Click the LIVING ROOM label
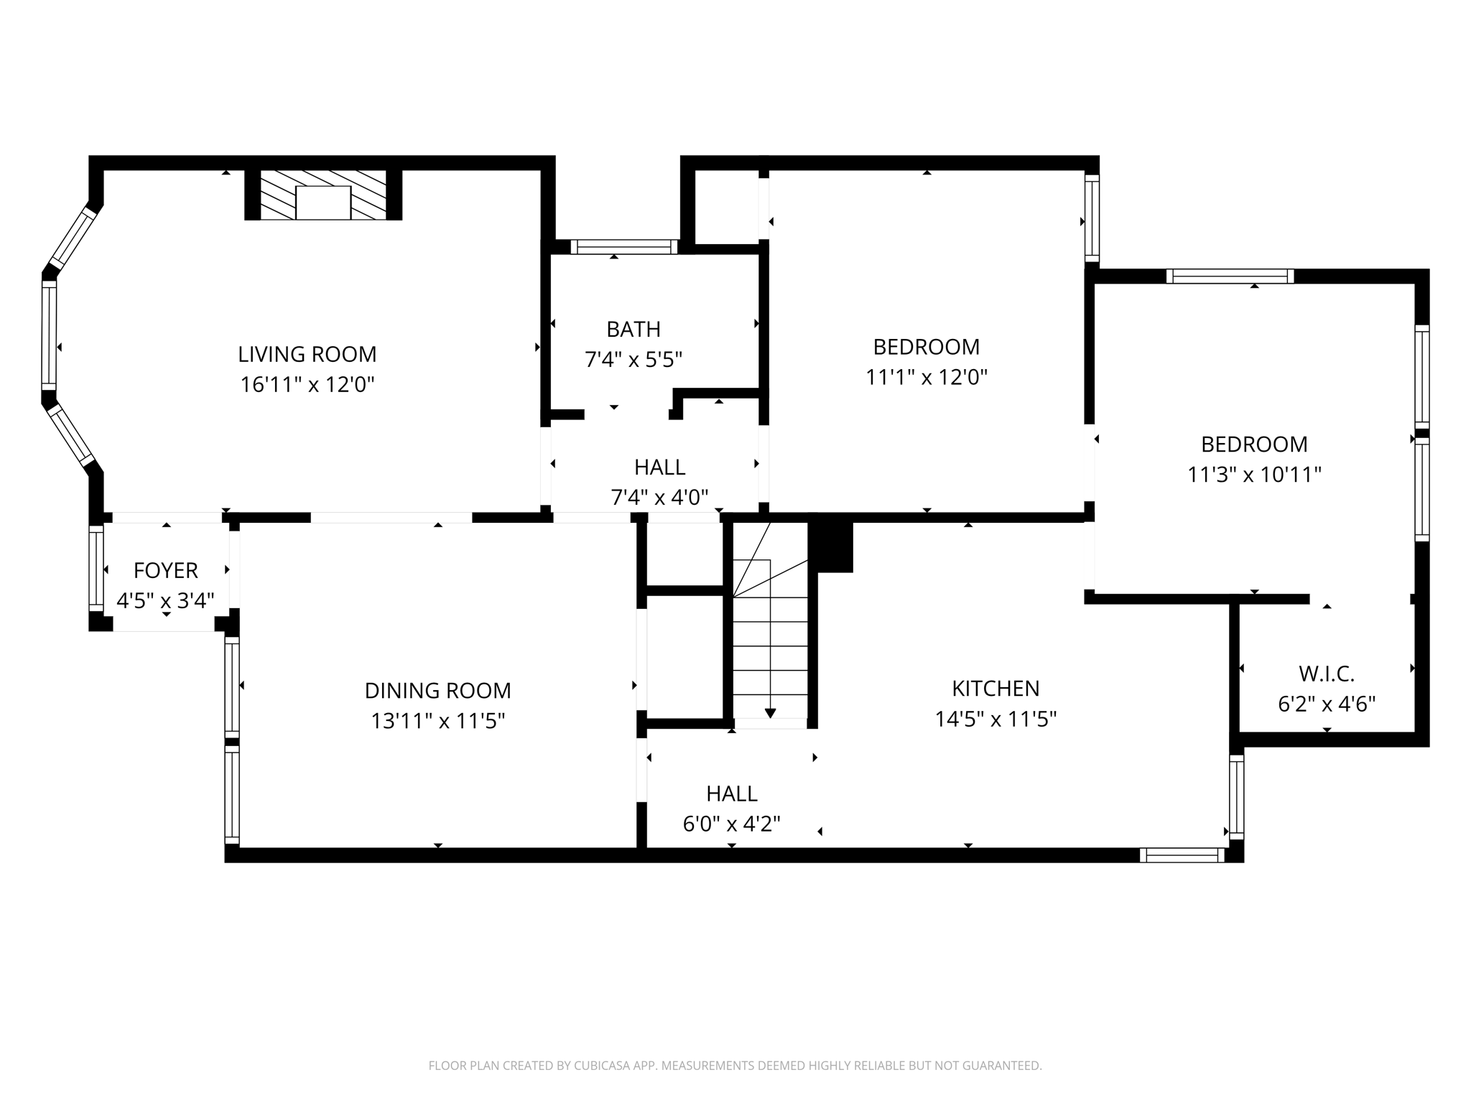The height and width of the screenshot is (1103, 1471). point(307,354)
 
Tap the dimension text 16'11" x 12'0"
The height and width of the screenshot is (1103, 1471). point(307,385)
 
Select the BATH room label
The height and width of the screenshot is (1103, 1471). point(633,329)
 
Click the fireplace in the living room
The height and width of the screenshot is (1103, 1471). point(323,195)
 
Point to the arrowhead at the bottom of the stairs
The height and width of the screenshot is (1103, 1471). point(770,713)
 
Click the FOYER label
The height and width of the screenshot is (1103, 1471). point(165,570)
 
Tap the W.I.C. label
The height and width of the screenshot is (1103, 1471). point(1326,674)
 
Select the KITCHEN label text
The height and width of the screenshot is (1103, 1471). point(995,688)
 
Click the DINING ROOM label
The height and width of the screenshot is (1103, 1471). point(437,690)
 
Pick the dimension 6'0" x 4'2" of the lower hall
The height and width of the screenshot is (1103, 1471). point(731,824)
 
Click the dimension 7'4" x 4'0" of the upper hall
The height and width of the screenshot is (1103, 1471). point(659,497)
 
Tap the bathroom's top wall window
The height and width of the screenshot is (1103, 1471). point(623,247)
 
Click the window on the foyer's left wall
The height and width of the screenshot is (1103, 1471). point(96,568)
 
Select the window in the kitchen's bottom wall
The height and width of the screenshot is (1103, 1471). point(1182,855)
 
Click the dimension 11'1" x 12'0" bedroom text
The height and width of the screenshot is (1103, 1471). point(926,377)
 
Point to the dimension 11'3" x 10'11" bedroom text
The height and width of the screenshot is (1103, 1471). point(1254,475)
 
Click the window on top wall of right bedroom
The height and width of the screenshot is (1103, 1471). point(1230,276)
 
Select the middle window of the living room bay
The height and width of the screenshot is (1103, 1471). point(49,335)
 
